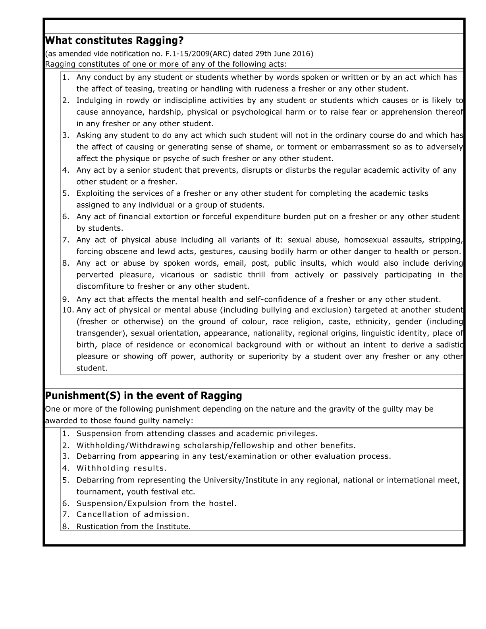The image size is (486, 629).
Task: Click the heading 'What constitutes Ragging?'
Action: coord(114,41)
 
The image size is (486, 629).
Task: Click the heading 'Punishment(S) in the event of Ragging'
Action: coord(143,396)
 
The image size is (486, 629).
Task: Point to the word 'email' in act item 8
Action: coord(234,263)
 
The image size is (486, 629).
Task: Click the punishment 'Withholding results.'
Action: coord(121,468)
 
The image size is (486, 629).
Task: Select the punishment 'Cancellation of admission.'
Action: coord(133,515)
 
